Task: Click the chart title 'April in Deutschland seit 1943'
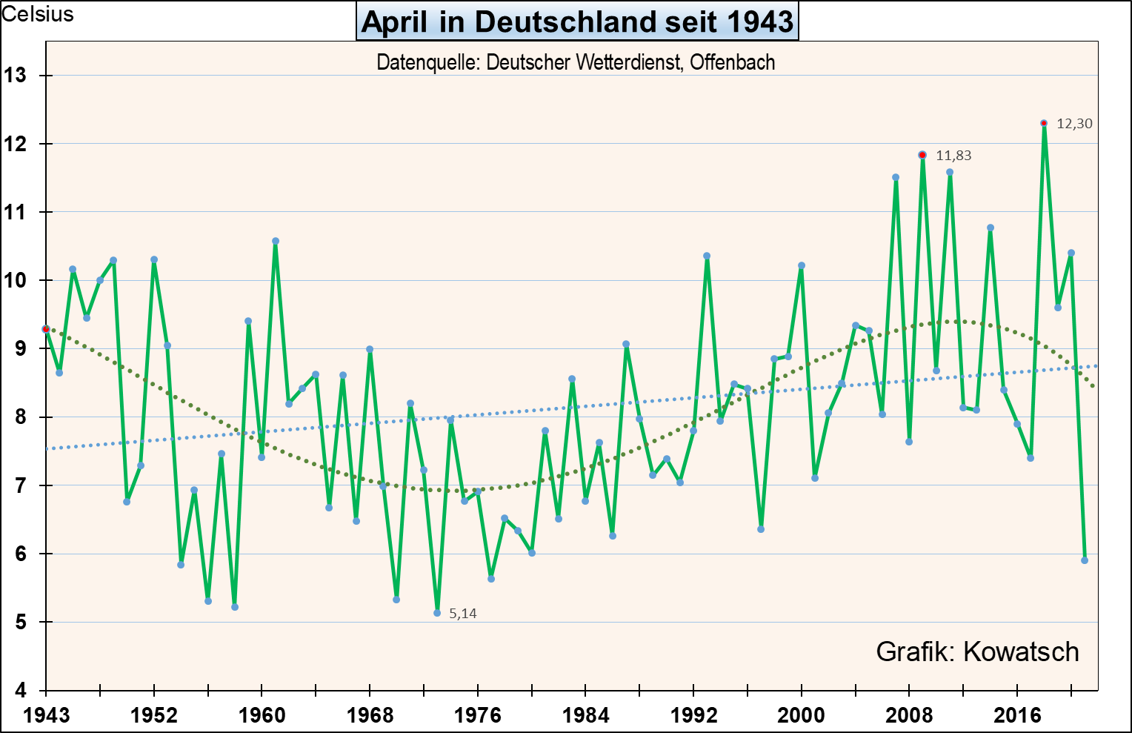(578, 21)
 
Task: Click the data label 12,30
(1074, 124)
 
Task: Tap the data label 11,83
(953, 156)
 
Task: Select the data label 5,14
(463, 614)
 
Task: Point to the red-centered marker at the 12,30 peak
(1044, 123)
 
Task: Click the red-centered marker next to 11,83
(922, 155)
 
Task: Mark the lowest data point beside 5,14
(437, 613)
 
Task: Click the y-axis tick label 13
(15, 76)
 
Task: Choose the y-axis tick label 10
(15, 281)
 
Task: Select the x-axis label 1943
(46, 715)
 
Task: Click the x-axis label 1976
(478, 715)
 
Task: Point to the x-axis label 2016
(1017, 715)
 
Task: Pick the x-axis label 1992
(693, 715)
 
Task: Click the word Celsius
(38, 14)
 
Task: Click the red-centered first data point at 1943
(46, 328)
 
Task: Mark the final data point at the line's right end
(1085, 560)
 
